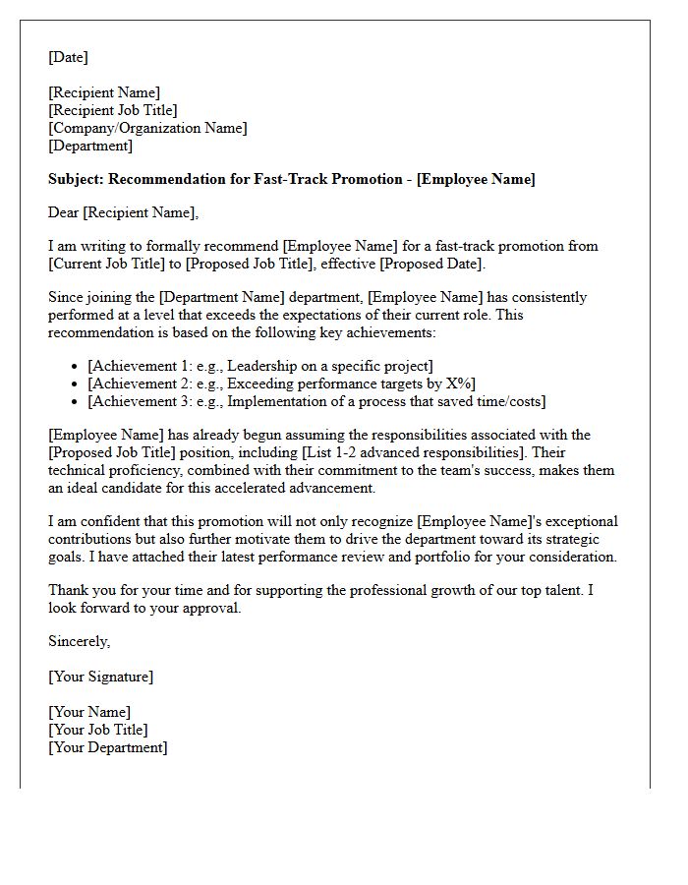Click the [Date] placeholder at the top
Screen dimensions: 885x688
(x=68, y=58)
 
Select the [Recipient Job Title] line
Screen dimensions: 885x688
(x=113, y=111)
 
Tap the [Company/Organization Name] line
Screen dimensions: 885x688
(x=147, y=129)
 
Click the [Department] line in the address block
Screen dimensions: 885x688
(x=90, y=147)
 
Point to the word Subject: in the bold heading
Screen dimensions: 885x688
(x=77, y=180)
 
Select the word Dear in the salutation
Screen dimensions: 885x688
(x=64, y=212)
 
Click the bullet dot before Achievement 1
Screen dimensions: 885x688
(x=75, y=367)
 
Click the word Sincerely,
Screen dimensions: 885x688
(x=80, y=642)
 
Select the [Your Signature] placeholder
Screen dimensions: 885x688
(x=101, y=678)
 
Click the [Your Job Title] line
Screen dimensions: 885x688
(x=98, y=730)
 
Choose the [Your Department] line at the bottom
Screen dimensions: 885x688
(x=108, y=747)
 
